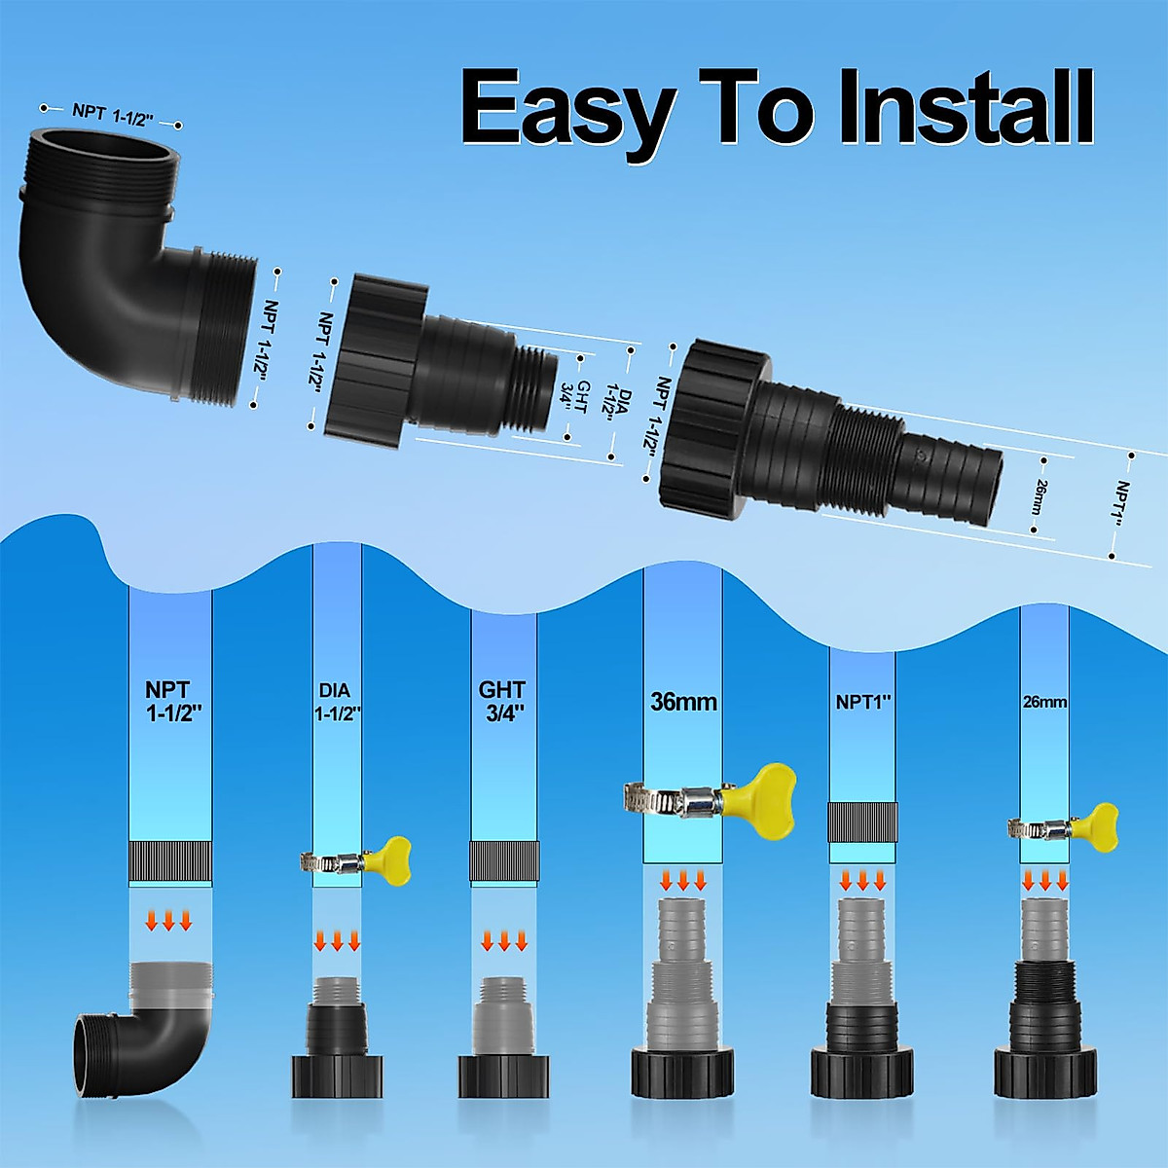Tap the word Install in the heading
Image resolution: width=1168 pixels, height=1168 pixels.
pos(965,106)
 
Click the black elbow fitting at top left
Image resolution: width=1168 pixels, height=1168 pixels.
pos(139,271)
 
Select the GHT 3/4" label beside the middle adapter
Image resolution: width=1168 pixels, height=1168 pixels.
pos(573,396)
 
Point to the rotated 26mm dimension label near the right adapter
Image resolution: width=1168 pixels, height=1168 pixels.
pos(1039,497)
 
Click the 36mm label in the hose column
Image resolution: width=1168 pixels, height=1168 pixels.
pos(683,701)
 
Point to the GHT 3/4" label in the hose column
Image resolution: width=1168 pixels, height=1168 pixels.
pos(502,701)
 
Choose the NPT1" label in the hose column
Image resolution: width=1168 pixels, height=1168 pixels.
pos(863,702)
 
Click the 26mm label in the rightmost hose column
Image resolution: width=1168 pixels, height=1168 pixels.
pos(1045,702)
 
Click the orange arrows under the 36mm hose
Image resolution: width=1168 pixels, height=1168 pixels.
pos(683,880)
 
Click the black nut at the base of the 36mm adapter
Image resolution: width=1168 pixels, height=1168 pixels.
pos(682,1072)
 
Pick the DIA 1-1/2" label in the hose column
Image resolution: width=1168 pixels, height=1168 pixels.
pos(337,702)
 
